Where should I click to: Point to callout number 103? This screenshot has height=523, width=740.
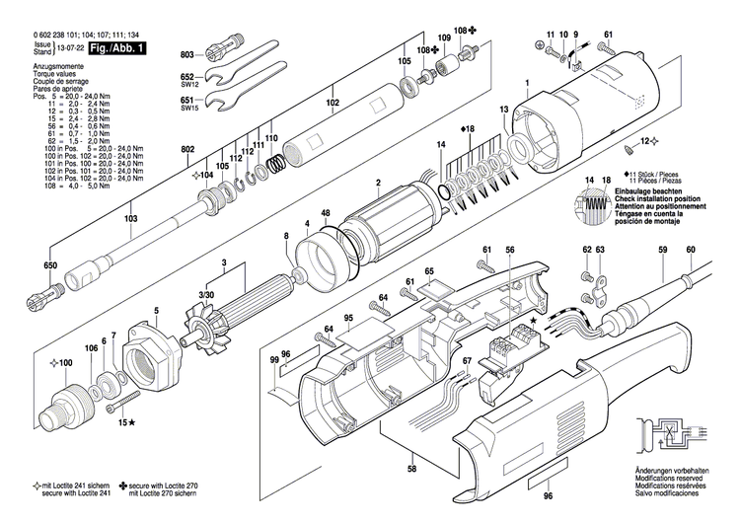130,218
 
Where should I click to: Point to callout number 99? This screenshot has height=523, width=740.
274,362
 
